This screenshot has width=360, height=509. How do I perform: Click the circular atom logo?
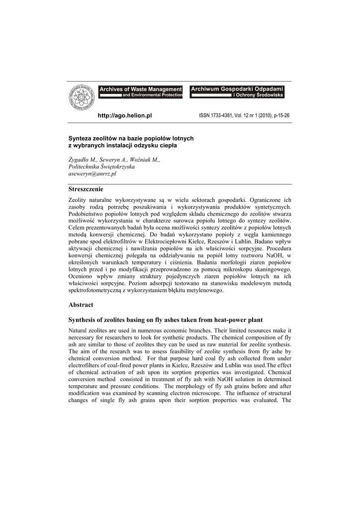[x=81, y=97]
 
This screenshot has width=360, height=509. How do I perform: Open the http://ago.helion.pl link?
[x=125, y=115]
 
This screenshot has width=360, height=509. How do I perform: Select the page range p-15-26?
[x=278, y=115]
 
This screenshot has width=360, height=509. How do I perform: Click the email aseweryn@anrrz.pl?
[x=92, y=174]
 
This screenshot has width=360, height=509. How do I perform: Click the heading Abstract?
[x=81, y=305]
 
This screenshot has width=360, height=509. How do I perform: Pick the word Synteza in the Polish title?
[x=80, y=138]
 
